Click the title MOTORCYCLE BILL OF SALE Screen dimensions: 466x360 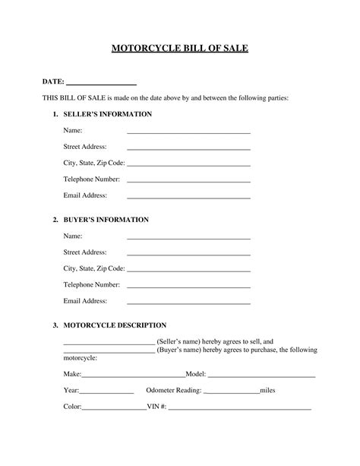180,48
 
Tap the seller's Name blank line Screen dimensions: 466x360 188,132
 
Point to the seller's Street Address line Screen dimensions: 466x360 188,148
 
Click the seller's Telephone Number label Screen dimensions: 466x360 92,179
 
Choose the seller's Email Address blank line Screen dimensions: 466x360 188,197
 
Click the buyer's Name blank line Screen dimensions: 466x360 188,238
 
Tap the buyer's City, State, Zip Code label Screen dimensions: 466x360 94,268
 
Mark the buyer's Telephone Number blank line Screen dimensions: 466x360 188,287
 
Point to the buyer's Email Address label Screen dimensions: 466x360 85,301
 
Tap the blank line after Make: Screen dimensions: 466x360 133,376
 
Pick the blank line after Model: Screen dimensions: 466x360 261,376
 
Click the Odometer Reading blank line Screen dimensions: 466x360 232,392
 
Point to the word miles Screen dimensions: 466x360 272,391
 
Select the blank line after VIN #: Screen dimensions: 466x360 240,408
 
